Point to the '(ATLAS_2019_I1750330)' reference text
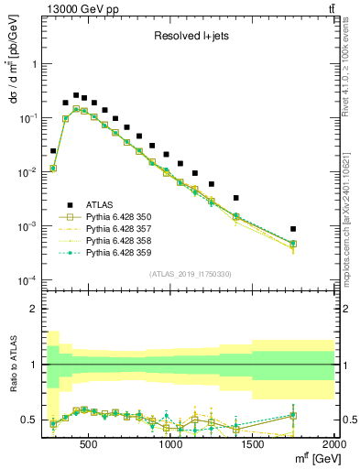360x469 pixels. click(190, 274)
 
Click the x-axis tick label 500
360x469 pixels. click(89, 445)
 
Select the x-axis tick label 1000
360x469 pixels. click(171, 445)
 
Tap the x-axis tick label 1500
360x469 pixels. click(253, 445)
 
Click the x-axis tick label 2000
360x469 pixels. click(333, 445)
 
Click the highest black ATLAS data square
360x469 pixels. click(76, 94)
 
